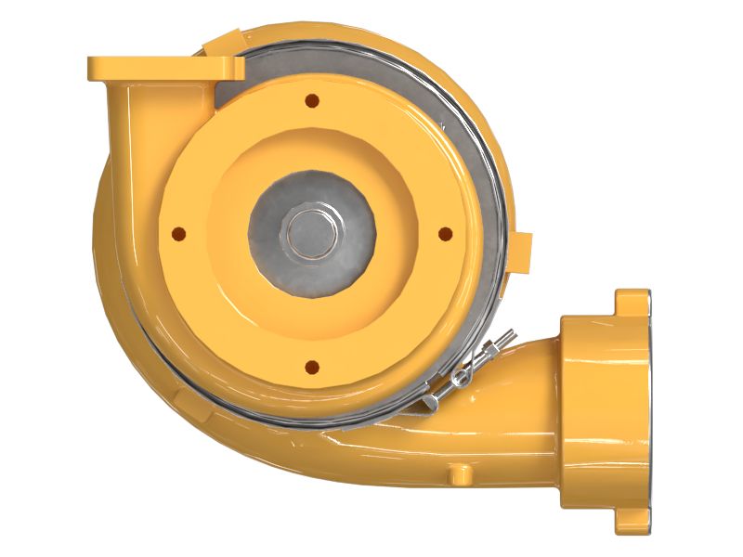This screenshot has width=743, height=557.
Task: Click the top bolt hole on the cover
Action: (x=312, y=99)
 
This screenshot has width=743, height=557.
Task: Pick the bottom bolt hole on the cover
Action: (x=312, y=366)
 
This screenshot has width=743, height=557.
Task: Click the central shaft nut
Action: (x=312, y=233)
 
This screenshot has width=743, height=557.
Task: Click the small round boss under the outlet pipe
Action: (x=459, y=473)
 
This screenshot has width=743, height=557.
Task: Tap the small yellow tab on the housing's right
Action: (x=522, y=253)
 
